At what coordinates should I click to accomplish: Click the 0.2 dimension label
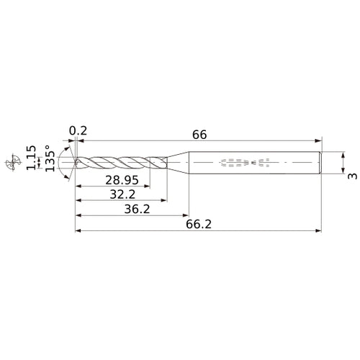[x=78, y=131]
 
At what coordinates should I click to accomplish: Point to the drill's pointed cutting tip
[x=75, y=162]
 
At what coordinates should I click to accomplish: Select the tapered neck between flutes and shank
[x=176, y=162]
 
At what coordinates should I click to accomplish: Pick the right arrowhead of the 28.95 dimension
[x=153, y=186]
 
